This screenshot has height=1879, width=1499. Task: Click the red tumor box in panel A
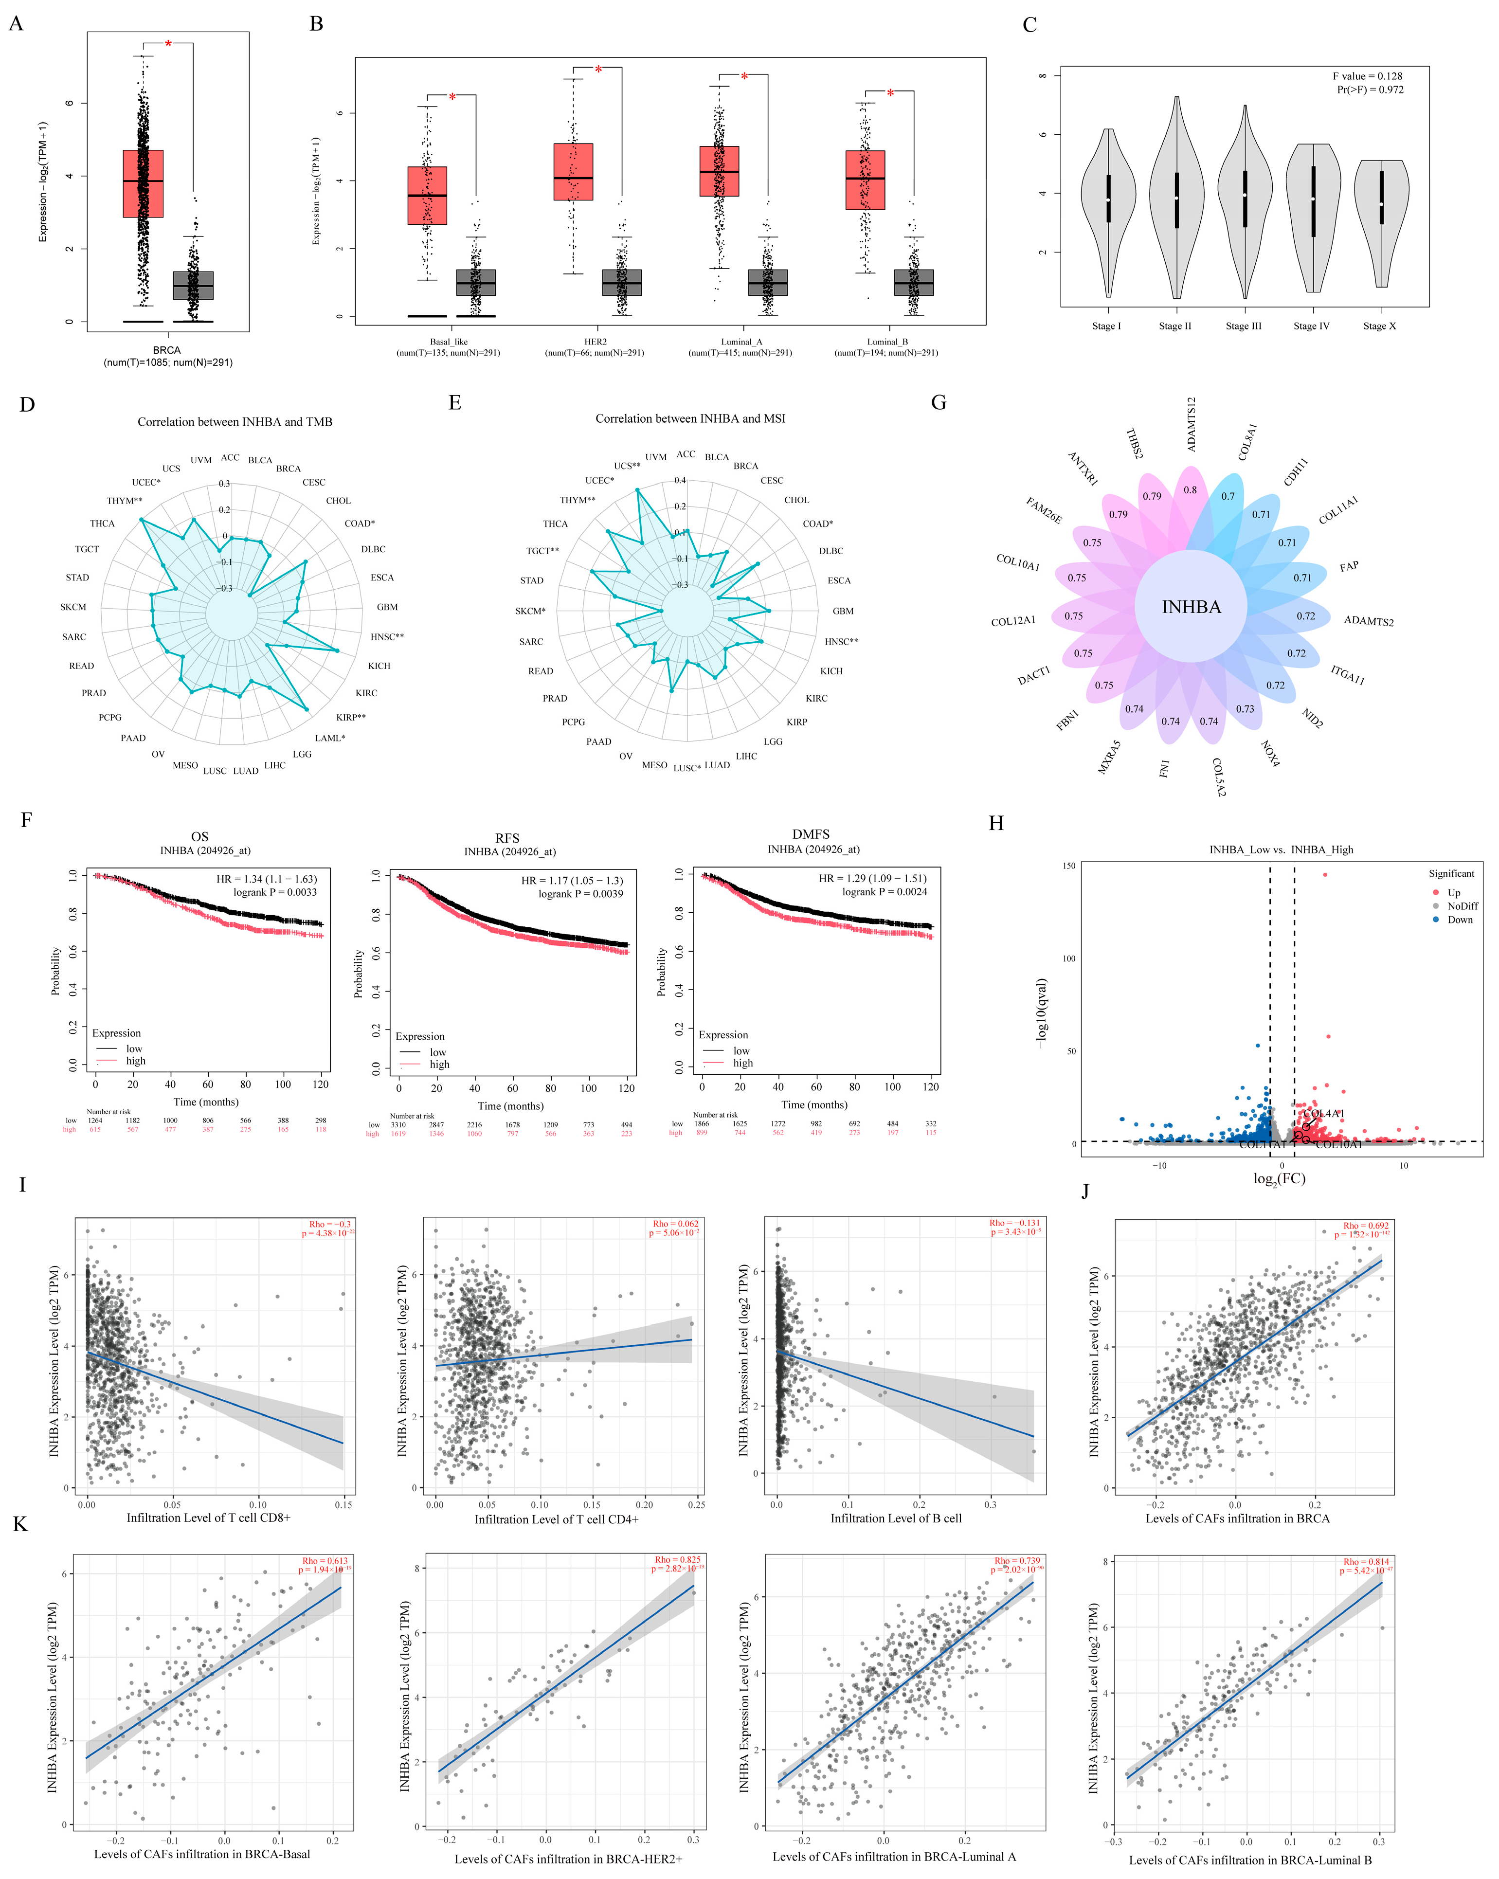pos(143,183)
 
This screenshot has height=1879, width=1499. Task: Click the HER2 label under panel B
pos(595,342)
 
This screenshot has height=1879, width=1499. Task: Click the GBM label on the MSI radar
pos(843,611)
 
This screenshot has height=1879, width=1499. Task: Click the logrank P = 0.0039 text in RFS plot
pos(580,893)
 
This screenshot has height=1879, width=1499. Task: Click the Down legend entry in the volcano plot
pos(1460,920)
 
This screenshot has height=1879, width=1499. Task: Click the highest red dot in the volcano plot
pos(1325,874)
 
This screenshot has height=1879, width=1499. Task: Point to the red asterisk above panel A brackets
pos(168,44)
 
